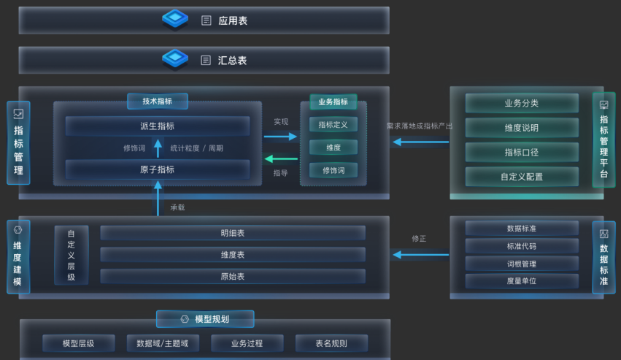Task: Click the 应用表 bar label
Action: (x=232, y=20)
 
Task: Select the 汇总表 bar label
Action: (x=232, y=60)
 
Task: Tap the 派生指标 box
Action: (x=157, y=126)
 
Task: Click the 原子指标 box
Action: (x=157, y=169)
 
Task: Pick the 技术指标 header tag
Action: (x=157, y=102)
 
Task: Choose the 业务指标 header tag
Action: (x=333, y=102)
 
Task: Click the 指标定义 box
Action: (x=333, y=125)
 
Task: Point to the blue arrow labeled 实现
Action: (x=281, y=136)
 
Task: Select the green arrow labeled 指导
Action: (x=281, y=158)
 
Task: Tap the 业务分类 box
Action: (x=521, y=103)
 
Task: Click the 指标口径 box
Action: (x=521, y=152)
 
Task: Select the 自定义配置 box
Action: (x=521, y=176)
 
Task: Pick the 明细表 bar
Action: (x=232, y=233)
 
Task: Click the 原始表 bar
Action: (x=232, y=277)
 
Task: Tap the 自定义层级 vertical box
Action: (x=71, y=255)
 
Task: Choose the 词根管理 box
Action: (x=521, y=264)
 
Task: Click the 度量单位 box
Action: (x=521, y=280)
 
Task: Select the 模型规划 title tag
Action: (x=205, y=319)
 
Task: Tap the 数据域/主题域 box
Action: (x=162, y=343)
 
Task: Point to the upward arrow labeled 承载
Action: (x=158, y=199)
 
